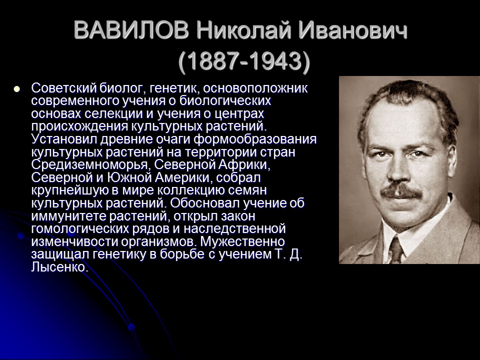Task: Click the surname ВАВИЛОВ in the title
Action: click(x=131, y=31)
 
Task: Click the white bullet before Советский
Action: click(x=16, y=89)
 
